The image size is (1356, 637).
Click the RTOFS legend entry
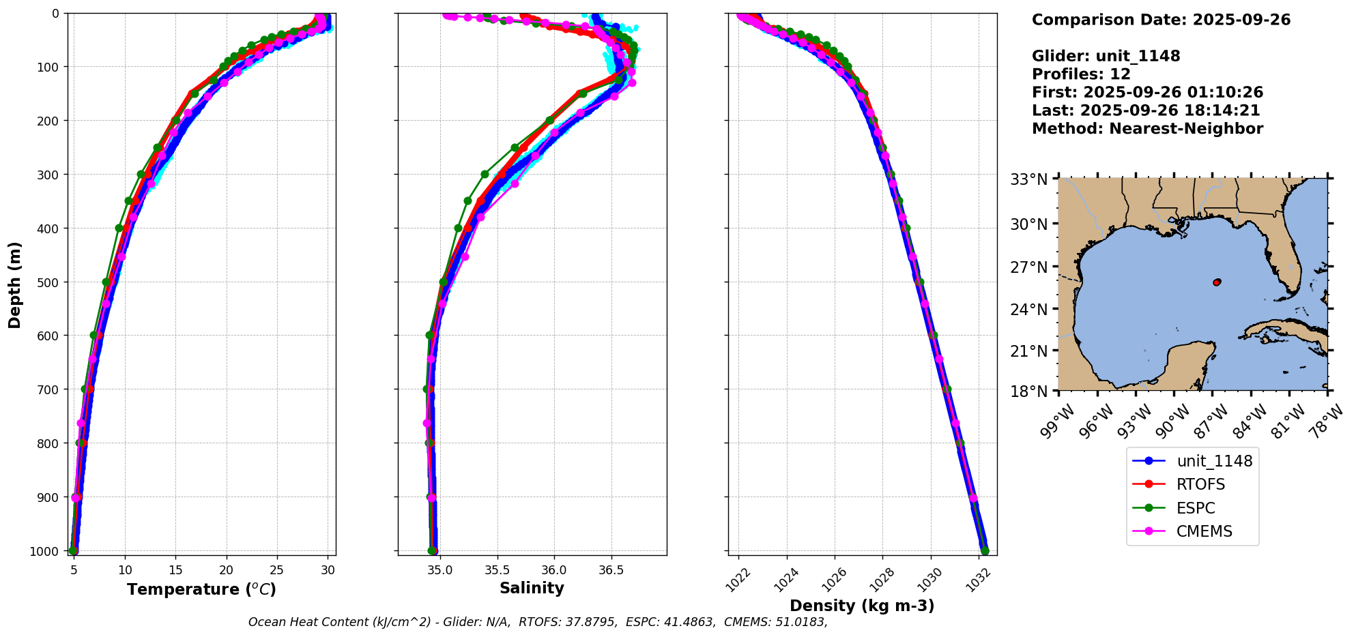pyautogui.click(x=1200, y=484)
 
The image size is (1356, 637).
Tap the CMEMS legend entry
pyautogui.click(x=1204, y=532)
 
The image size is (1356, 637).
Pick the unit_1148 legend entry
pyautogui.click(x=1214, y=461)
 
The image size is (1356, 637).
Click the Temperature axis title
pyautogui.click(x=201, y=589)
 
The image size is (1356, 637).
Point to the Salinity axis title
pyautogui.click(x=532, y=589)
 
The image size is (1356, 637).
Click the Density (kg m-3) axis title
pyautogui.click(x=862, y=606)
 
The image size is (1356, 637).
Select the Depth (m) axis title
pyautogui.click(x=15, y=284)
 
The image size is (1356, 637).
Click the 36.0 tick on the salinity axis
pyautogui.click(x=553, y=568)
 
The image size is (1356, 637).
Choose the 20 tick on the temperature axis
pyautogui.click(x=227, y=568)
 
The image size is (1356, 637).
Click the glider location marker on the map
pyautogui.click(x=1217, y=282)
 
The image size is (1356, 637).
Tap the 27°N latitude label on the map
pyautogui.click(x=1028, y=267)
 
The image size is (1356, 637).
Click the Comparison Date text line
pyautogui.click(x=1161, y=20)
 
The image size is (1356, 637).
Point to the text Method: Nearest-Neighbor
pyautogui.click(x=1147, y=129)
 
